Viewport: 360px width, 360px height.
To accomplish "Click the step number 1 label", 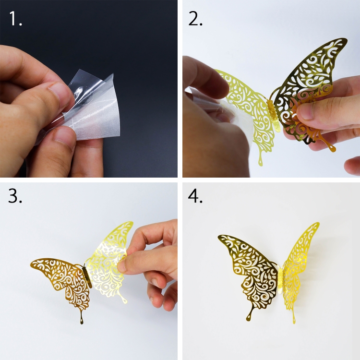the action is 15,18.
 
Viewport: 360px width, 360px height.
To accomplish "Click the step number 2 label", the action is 195,18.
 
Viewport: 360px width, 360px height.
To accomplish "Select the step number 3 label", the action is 15,196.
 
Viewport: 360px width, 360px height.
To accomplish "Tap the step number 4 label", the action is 195,196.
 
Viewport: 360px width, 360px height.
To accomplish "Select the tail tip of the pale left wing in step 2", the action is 261,164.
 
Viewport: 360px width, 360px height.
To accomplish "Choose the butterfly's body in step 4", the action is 280,281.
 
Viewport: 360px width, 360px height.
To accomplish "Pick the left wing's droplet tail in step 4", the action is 249,317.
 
